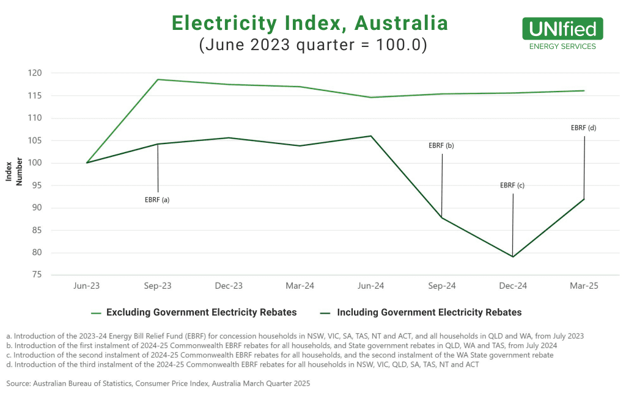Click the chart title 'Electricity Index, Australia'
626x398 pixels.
pos(310,23)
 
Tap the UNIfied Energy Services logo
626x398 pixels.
pos(562,34)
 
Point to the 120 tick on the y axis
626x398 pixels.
pos(34,73)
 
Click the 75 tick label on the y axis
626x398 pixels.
pos(37,275)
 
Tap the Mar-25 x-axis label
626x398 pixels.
pos(584,286)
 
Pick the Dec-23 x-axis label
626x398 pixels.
pos(229,286)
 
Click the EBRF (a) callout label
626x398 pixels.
pos(156,199)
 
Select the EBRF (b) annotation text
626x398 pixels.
pos(441,146)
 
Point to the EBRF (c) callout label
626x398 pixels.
pos(512,186)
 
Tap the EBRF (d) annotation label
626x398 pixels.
pos(583,128)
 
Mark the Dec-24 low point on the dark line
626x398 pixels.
pos(513,256)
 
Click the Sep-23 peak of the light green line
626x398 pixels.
pos(158,79)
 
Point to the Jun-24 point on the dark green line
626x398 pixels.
pos(371,136)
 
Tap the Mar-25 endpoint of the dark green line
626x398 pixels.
pos(584,199)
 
